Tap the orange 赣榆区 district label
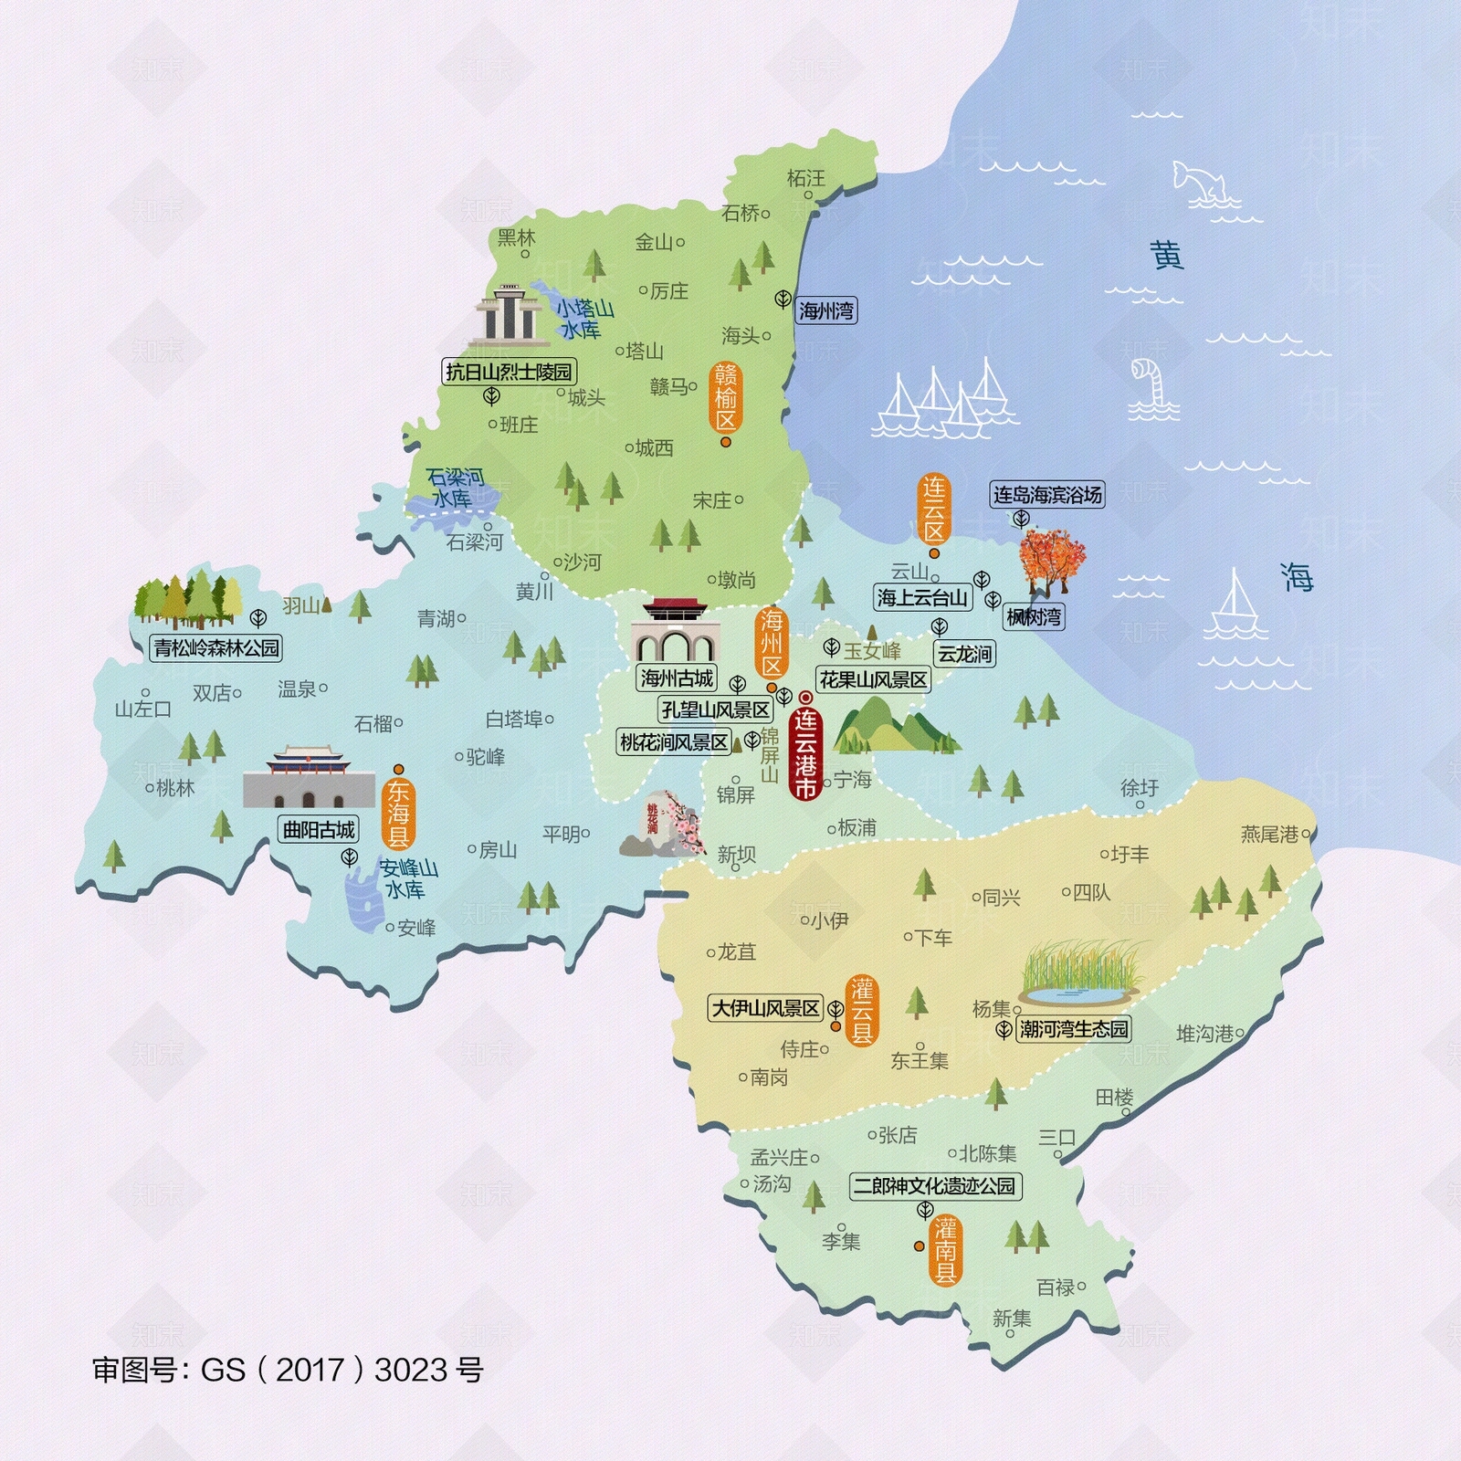726,396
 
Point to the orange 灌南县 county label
945,1250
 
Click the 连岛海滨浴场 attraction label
1047,495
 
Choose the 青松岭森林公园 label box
216,647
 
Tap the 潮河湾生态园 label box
1074,1029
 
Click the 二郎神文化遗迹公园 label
934,1185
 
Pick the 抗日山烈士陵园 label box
509,372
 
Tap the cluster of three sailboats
945,402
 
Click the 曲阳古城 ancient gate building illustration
309,778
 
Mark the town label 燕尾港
1269,834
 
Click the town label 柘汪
805,178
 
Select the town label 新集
1012,1318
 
